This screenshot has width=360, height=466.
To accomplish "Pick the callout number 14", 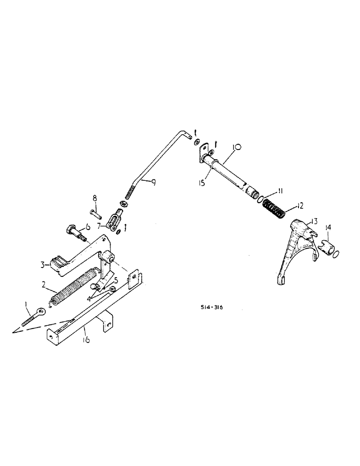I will click(x=329, y=228).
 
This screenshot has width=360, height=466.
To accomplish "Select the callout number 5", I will click(x=116, y=281).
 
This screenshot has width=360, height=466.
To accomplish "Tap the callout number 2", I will click(x=44, y=283).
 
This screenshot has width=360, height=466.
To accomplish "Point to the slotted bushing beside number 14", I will click(x=326, y=246).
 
